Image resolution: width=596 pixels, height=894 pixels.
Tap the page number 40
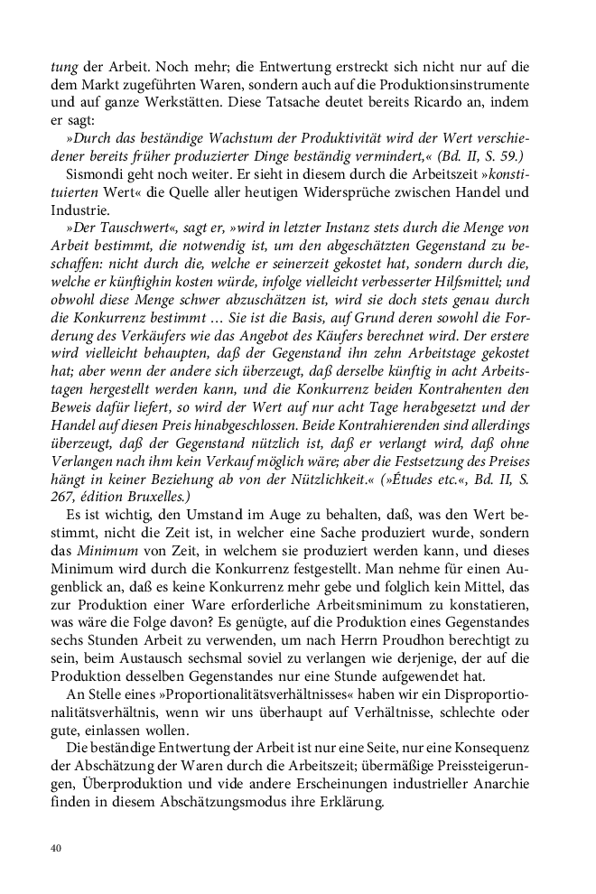[56, 848]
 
